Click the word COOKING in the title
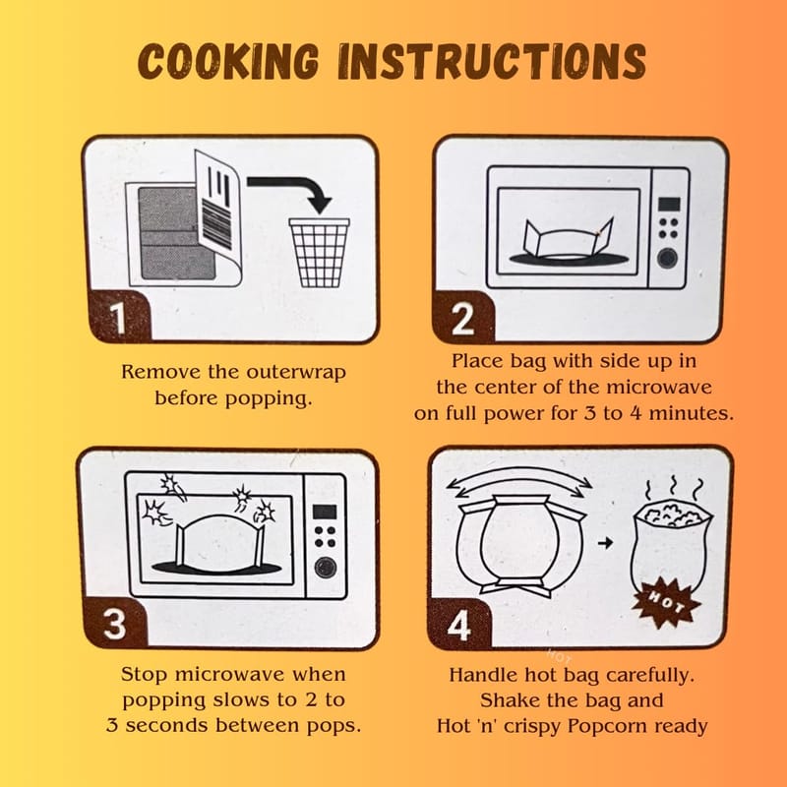(x=228, y=61)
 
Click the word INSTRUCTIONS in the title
(x=492, y=61)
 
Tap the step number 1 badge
(x=118, y=316)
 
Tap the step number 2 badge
(x=463, y=317)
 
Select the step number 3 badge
(x=115, y=624)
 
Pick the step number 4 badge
(x=459, y=624)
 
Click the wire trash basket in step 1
(x=319, y=253)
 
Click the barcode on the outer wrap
(x=216, y=224)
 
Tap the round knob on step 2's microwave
(x=668, y=258)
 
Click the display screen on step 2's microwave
(x=669, y=205)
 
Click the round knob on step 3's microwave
(x=326, y=568)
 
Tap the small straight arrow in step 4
(x=606, y=543)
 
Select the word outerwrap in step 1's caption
(x=296, y=373)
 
